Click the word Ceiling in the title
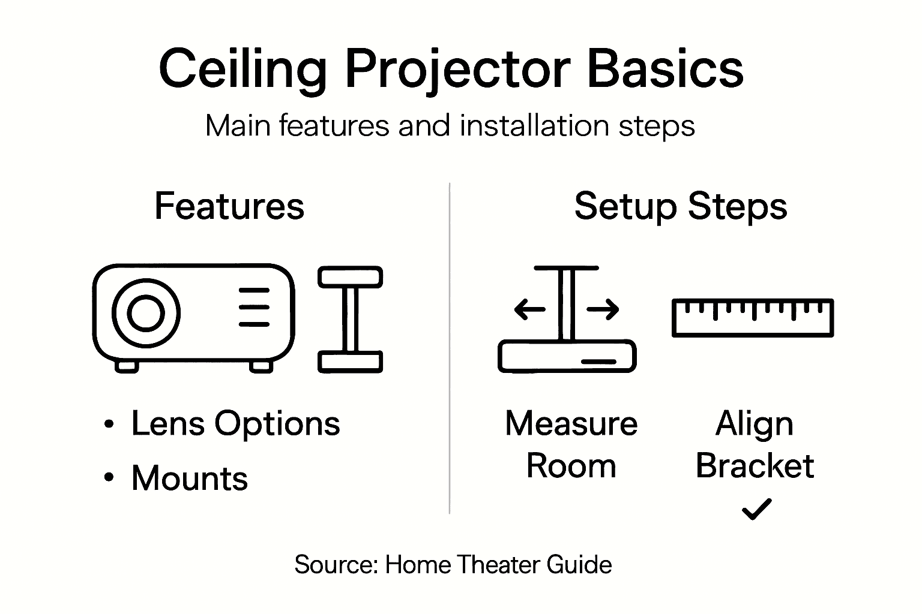243,70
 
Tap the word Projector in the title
457,70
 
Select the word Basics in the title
664,70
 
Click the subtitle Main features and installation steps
450,127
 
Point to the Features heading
229,206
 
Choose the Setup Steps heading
680,206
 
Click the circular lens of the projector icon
146,312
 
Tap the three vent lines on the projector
254,307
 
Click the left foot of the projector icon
127,366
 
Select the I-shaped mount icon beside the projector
350,319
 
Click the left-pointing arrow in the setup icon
529,310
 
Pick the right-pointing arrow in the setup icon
603,310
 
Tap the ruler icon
752,317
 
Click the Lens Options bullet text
235,424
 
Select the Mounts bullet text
189,478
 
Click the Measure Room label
571,445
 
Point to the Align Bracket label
755,445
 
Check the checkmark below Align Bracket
756,509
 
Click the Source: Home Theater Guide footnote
453,565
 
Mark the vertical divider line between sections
450,348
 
